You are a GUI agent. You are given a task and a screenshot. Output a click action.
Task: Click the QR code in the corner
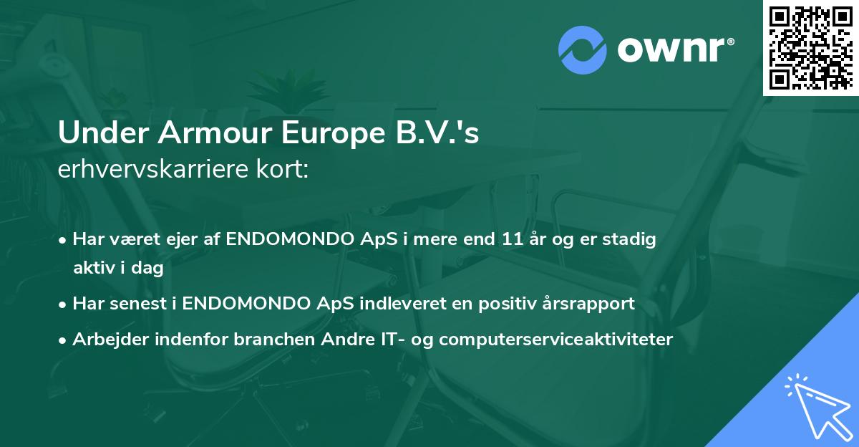810,47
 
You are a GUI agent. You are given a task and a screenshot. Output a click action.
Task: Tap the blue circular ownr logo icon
583,50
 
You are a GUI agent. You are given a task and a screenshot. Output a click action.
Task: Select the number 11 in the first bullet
514,240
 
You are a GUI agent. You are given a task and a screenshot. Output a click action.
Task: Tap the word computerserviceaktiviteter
555,340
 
